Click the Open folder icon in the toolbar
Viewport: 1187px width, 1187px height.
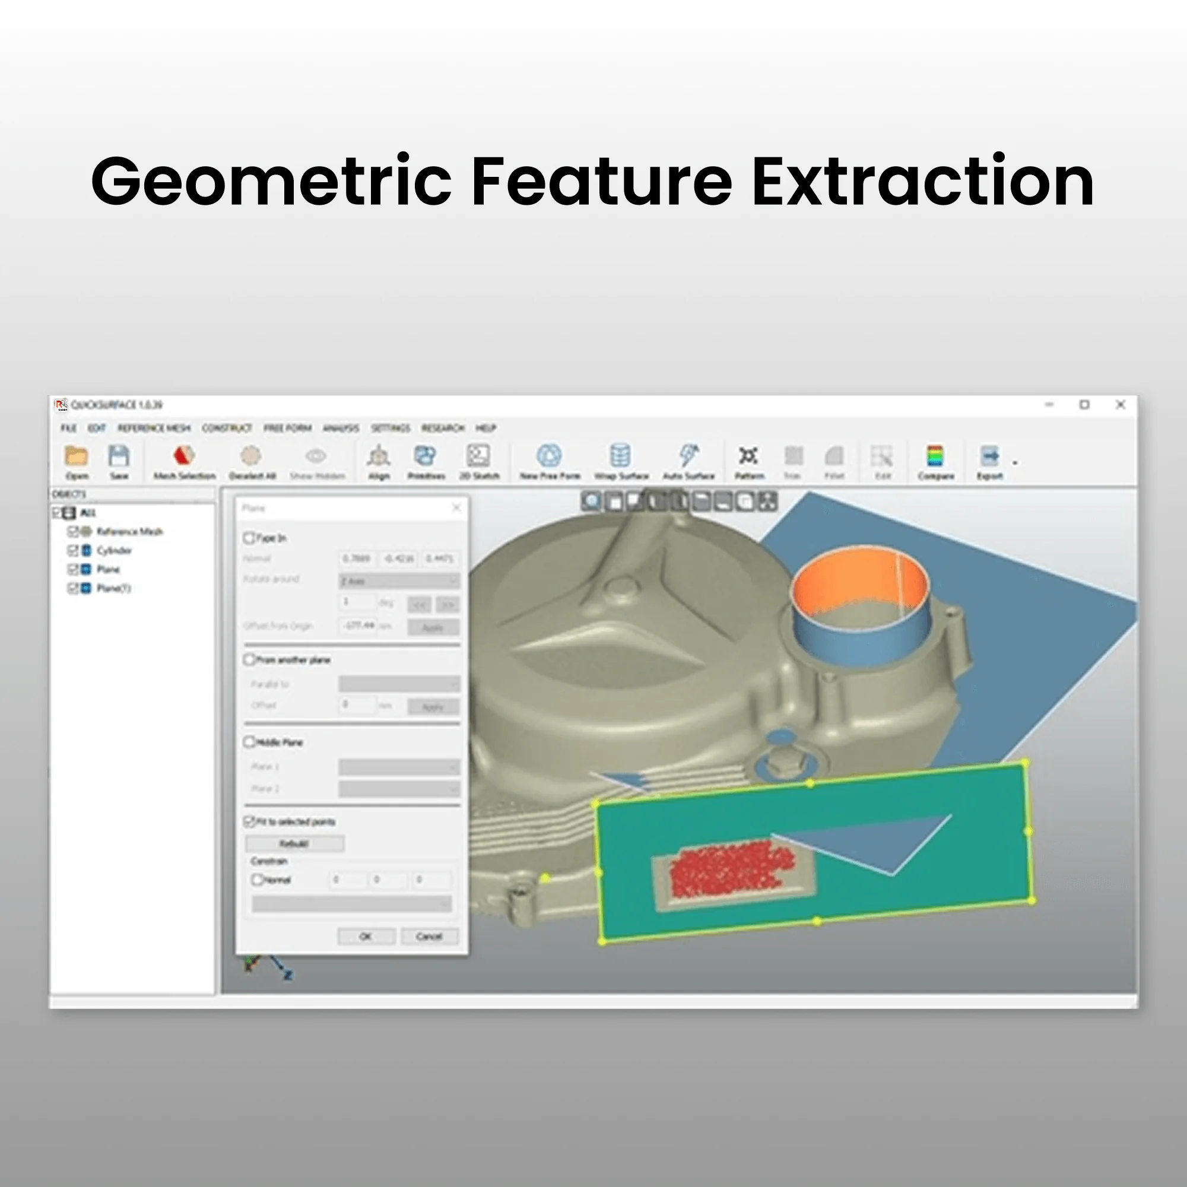coord(77,456)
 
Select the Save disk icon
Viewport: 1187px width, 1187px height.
coord(119,456)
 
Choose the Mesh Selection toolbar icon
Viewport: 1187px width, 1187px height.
coord(184,456)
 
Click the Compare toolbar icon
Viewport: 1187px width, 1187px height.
coord(935,456)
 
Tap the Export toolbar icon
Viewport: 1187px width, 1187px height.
coord(989,456)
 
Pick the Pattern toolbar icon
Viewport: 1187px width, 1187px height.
coord(748,456)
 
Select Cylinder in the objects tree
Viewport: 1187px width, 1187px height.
coord(115,550)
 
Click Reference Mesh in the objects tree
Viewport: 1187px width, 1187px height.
coord(129,531)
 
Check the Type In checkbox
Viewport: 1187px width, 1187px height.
coord(249,538)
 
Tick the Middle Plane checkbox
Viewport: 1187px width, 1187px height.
coord(249,742)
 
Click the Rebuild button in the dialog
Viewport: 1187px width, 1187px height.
coord(294,843)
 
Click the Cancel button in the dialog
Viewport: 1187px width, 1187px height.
coord(429,937)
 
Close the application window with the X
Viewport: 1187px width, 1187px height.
coord(1120,404)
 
